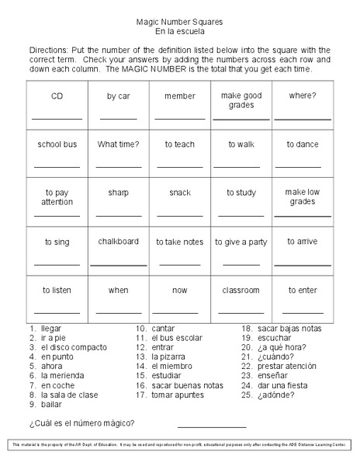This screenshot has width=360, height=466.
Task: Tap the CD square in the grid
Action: (57, 105)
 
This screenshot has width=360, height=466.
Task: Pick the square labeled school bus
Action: (57, 153)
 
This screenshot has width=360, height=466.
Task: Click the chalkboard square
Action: (118, 250)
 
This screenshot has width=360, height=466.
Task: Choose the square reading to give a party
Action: (241, 250)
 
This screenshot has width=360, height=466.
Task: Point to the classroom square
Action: (241, 298)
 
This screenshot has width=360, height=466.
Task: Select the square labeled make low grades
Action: (303, 202)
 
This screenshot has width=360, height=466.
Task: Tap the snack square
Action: (179, 202)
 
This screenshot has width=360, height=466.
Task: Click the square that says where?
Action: (303, 105)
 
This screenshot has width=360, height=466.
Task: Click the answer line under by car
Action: (118, 118)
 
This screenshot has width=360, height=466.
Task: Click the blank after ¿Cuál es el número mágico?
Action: (211, 426)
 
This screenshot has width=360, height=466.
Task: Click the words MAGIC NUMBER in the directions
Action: (169, 69)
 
